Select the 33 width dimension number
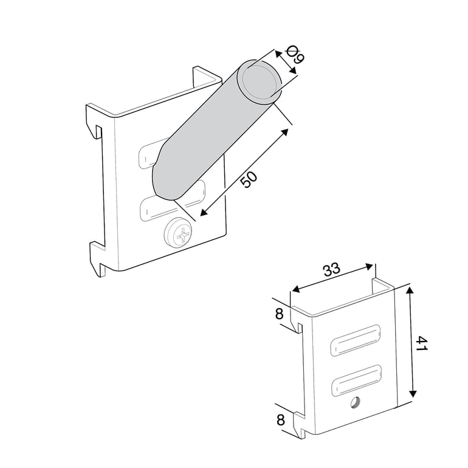(331, 269)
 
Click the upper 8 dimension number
(279, 314)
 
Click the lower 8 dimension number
(281, 420)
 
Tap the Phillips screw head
(177, 233)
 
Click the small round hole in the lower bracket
(355, 402)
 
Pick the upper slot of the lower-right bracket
(356, 340)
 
